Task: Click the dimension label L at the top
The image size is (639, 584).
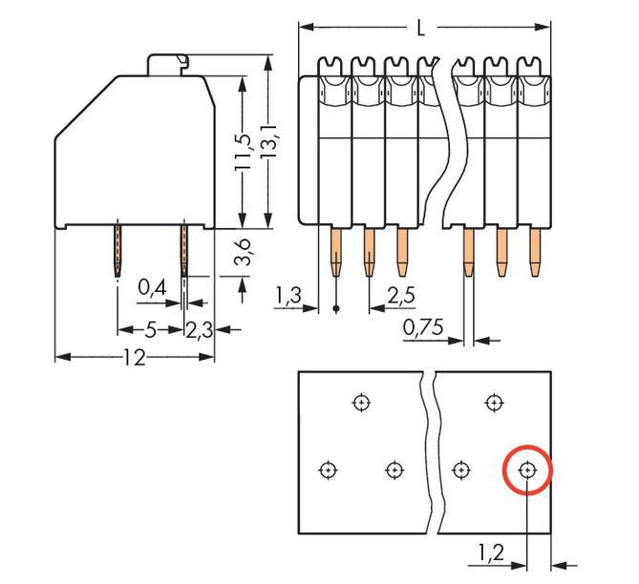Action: (x=421, y=28)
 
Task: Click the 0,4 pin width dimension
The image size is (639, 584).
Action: (x=150, y=286)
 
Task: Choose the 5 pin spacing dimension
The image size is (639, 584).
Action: (x=150, y=330)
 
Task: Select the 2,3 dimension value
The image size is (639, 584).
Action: (x=199, y=330)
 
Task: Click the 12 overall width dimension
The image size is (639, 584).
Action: (x=135, y=358)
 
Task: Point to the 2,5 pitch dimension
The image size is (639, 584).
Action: (x=401, y=296)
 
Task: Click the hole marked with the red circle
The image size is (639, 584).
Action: (x=527, y=469)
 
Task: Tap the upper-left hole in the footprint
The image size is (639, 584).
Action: (x=361, y=403)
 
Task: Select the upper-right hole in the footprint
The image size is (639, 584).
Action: (x=494, y=403)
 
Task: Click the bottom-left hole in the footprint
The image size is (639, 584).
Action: (x=328, y=469)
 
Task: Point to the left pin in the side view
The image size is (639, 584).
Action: (x=117, y=251)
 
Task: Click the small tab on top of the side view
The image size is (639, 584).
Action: (x=167, y=63)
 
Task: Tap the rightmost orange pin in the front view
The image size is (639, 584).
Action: (x=534, y=250)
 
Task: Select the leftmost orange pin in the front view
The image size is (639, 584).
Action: (x=335, y=251)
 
